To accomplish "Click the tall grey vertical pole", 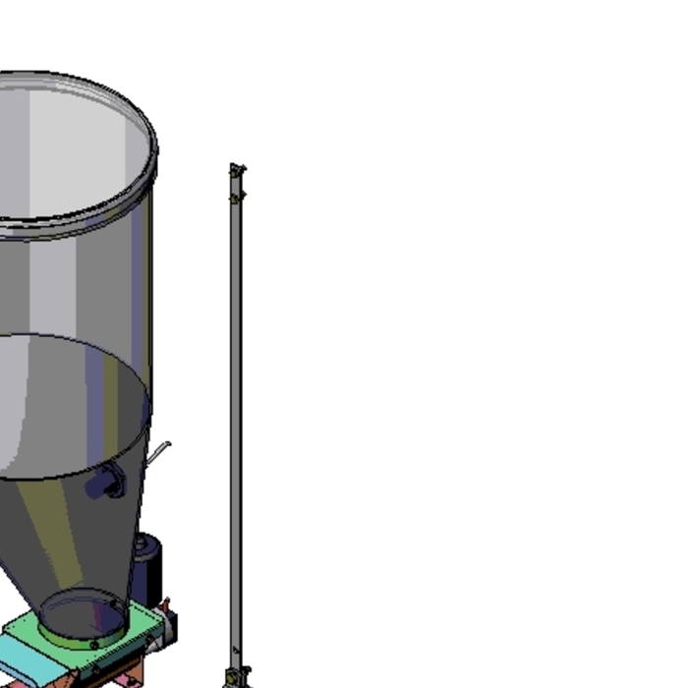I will tap(235, 413).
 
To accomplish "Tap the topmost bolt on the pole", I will tap(236, 170).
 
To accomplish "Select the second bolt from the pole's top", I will tap(236, 198).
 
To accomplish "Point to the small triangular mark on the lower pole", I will tap(236, 649).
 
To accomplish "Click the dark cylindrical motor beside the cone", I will tap(147, 565).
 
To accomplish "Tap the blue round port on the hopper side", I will tap(107, 483).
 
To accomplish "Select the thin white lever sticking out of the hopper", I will tap(159, 453).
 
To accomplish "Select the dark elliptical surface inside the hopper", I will tap(69, 403).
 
